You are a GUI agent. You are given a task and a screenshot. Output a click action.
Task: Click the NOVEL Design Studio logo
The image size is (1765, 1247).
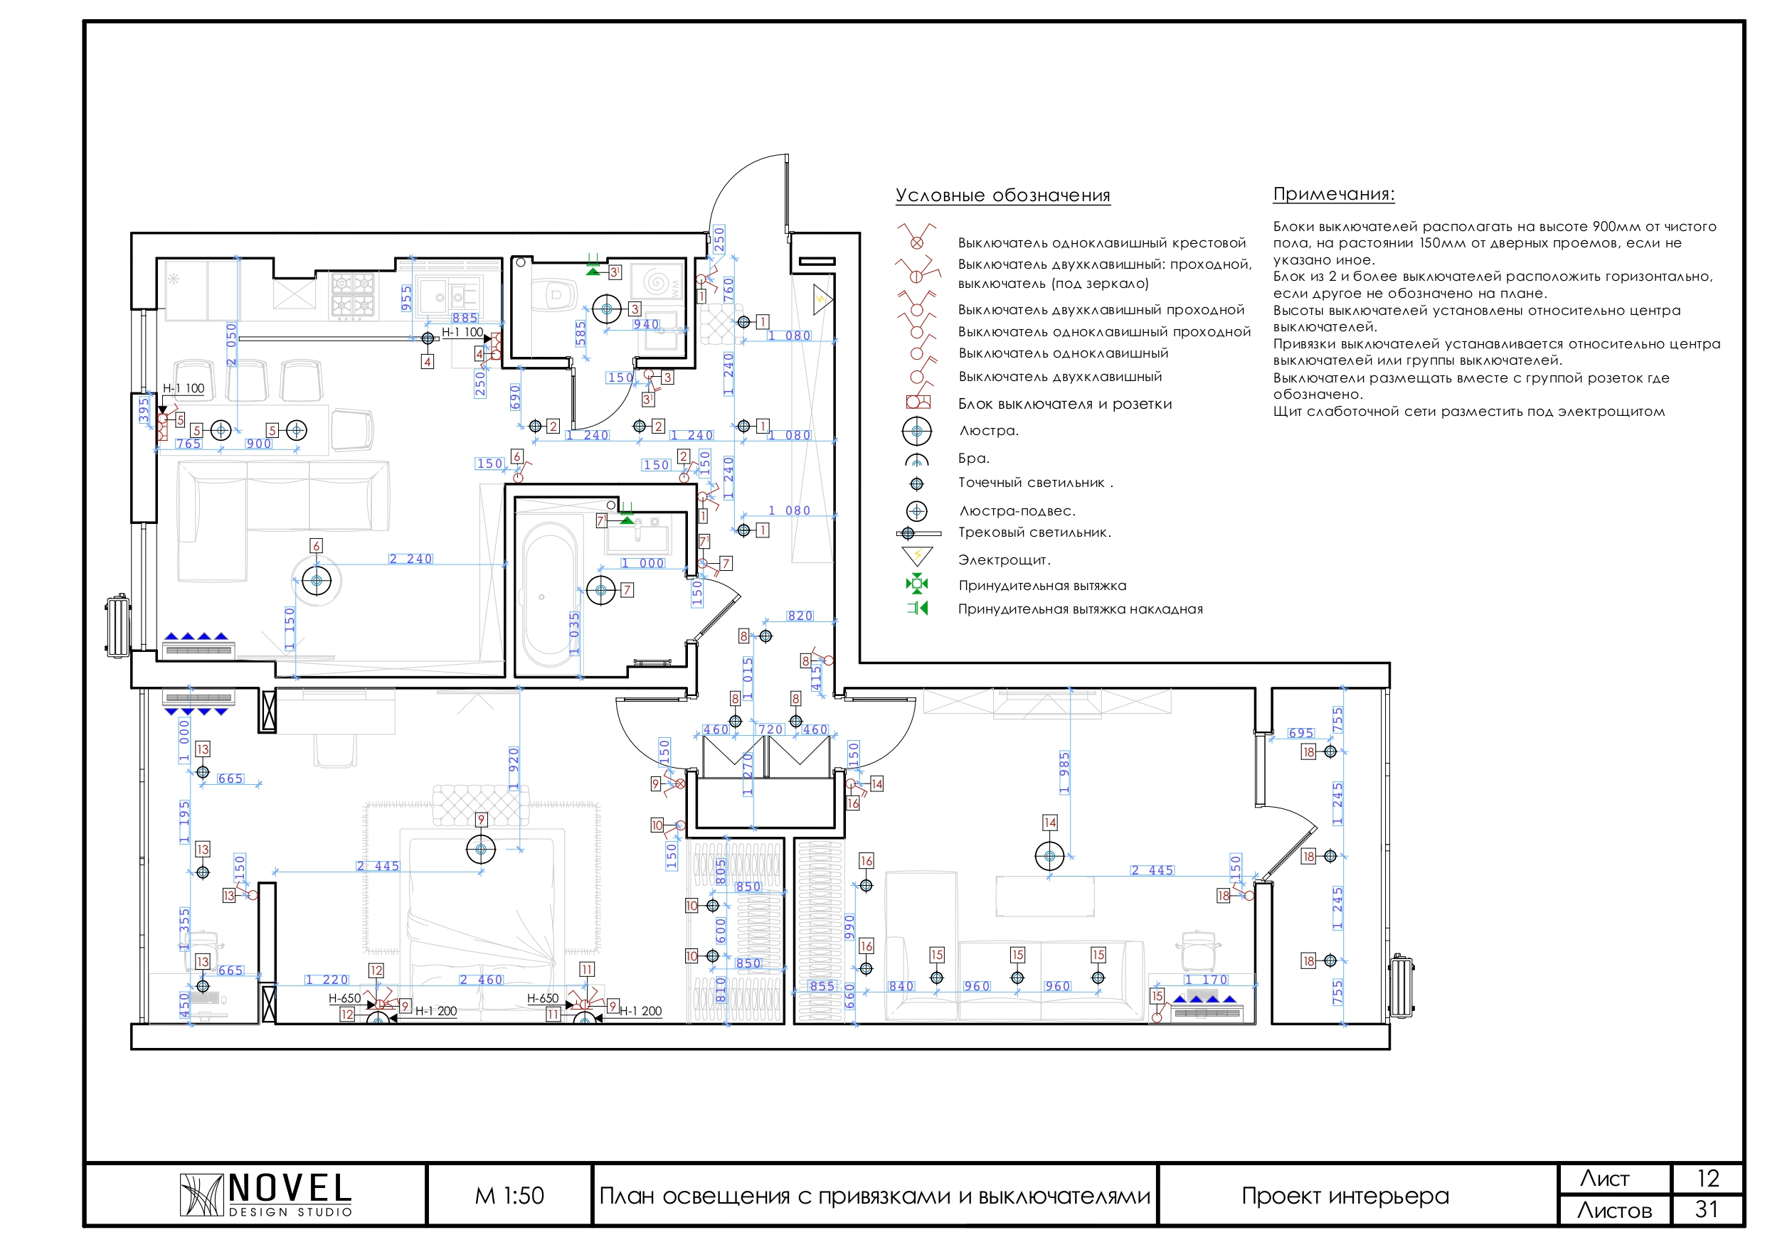pyautogui.click(x=265, y=1195)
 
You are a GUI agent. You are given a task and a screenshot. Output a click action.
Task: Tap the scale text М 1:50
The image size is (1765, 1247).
pyautogui.click(x=509, y=1196)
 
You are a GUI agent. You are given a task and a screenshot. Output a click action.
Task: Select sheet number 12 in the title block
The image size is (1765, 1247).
pyautogui.click(x=1707, y=1179)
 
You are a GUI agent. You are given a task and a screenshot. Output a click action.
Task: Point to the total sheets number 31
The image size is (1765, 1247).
pyautogui.click(x=1707, y=1209)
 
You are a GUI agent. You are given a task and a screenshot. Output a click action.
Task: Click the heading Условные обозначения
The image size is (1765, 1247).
pyautogui.click(x=1002, y=196)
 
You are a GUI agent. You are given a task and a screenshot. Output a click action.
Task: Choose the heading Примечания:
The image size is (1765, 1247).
pyautogui.click(x=1334, y=193)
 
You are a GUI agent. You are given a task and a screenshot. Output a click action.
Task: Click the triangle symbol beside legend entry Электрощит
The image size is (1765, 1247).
pyautogui.click(x=916, y=555)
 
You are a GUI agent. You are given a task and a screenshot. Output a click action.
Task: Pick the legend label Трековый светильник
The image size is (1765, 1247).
pyautogui.click(x=1034, y=532)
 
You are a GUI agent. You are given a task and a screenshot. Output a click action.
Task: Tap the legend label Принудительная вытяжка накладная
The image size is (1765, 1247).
pyautogui.click(x=1080, y=609)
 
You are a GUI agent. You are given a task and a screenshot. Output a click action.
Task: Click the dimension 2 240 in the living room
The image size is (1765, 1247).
pyautogui.click(x=410, y=559)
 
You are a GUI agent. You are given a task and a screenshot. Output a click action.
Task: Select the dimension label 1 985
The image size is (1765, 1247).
pyautogui.click(x=1065, y=772)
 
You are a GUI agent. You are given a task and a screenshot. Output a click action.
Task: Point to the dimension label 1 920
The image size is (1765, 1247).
pyautogui.click(x=514, y=769)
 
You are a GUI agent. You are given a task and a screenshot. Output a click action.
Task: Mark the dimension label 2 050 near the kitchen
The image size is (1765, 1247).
pyautogui.click(x=231, y=344)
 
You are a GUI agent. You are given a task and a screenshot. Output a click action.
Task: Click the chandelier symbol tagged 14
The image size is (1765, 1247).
pyautogui.click(x=1049, y=855)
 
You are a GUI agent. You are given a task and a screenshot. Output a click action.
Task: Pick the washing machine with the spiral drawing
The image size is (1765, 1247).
pyautogui.click(x=657, y=282)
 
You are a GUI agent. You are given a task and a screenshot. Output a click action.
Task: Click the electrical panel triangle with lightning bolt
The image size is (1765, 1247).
pyautogui.click(x=822, y=298)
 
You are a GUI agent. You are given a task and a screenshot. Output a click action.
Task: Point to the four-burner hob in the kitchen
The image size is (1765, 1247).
pyautogui.click(x=353, y=294)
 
